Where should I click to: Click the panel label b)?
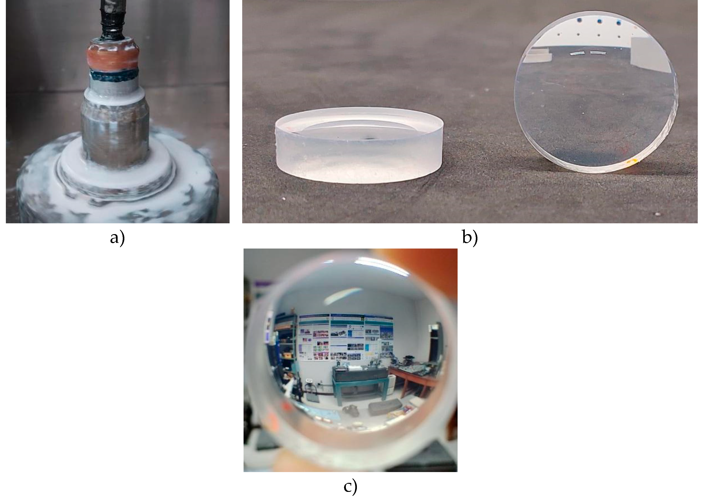[470, 238]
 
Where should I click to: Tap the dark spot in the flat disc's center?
[369, 138]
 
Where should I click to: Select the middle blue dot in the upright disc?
[599, 21]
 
